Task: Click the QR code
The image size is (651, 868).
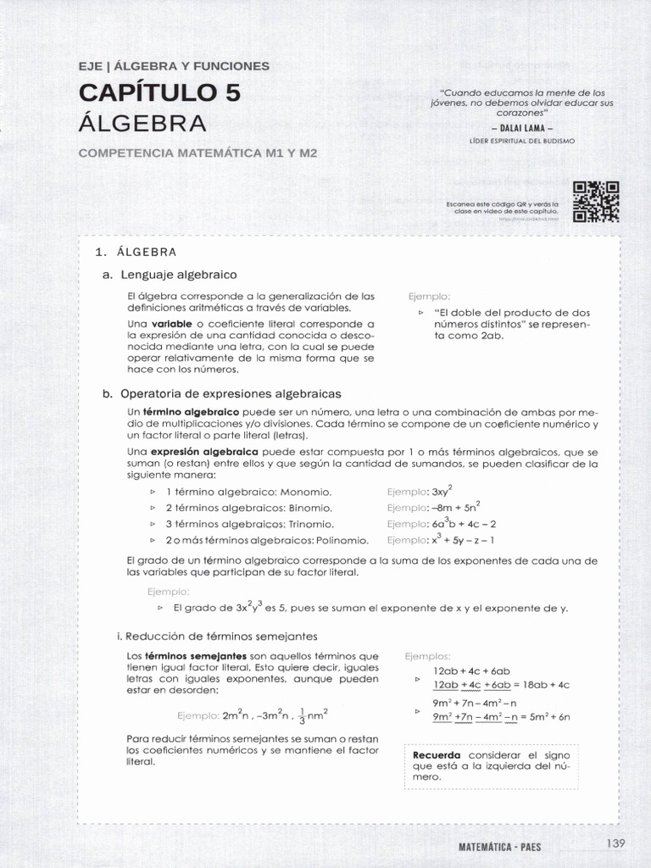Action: click(x=596, y=202)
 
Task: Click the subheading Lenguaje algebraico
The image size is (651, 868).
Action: click(x=179, y=275)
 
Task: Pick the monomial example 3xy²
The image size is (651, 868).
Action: click(x=442, y=492)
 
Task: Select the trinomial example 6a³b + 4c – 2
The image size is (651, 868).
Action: click(x=464, y=524)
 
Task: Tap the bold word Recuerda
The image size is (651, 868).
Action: click(x=437, y=754)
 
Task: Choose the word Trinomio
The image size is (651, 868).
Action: click(x=311, y=524)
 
